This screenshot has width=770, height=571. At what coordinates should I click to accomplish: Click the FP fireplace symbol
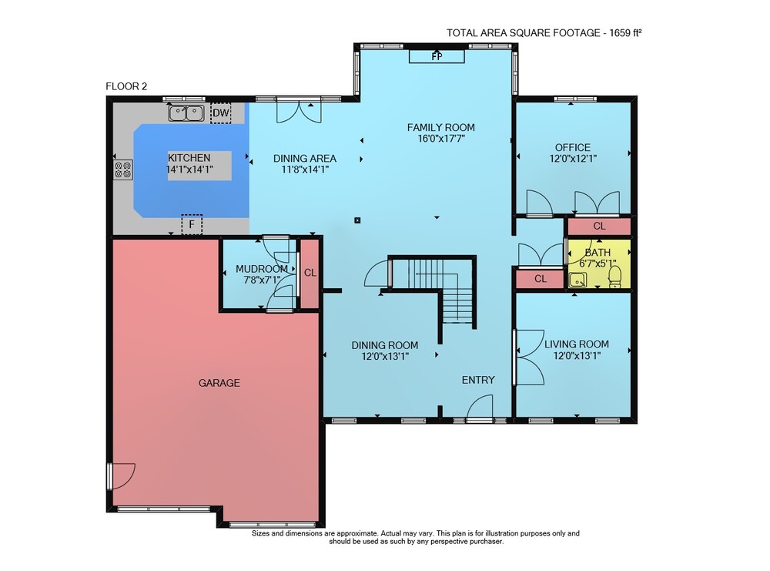pos(437,56)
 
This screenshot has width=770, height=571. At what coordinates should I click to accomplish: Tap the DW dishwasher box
pos(221,113)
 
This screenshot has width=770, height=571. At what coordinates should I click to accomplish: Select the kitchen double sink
pos(186,113)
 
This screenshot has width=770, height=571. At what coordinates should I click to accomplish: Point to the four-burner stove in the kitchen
pos(123,170)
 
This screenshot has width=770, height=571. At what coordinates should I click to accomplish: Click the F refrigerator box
pos(192,224)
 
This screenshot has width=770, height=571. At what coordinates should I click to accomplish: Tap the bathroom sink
pos(577,280)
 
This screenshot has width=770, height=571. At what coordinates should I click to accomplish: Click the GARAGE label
pos(219,383)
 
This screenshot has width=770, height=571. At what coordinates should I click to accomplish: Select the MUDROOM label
pos(261,269)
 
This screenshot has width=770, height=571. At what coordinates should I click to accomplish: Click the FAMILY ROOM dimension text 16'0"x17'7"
pos(441,139)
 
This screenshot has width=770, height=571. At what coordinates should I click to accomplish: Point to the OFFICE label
pos(573,147)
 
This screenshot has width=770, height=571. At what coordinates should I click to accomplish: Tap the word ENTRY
pos(478,380)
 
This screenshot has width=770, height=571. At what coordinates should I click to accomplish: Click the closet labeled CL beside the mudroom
pos(310,274)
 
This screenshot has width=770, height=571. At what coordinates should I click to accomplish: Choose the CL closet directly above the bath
pos(599,226)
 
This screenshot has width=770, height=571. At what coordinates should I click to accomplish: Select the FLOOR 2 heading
pos(126,86)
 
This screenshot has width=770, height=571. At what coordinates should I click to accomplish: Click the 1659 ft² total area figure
pos(625,33)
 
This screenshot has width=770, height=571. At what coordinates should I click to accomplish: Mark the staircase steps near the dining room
pos(442,290)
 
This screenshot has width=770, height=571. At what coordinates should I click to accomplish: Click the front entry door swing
pos(479,408)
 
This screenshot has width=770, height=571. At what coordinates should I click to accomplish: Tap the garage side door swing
pos(122,475)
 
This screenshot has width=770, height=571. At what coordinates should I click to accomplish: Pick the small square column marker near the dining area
pos(357,220)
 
